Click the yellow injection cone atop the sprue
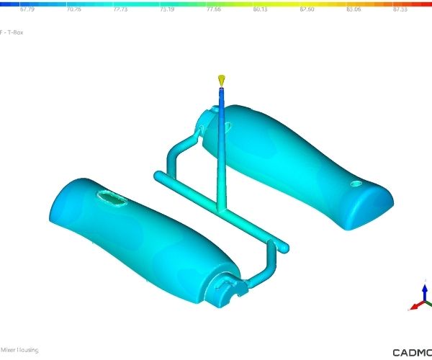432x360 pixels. click(x=222, y=78)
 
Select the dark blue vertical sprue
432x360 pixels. click(x=222, y=144)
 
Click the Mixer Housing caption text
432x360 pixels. click(x=19, y=350)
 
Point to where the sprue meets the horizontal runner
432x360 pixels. click(x=221, y=210)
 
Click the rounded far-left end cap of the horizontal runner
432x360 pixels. click(x=158, y=174)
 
